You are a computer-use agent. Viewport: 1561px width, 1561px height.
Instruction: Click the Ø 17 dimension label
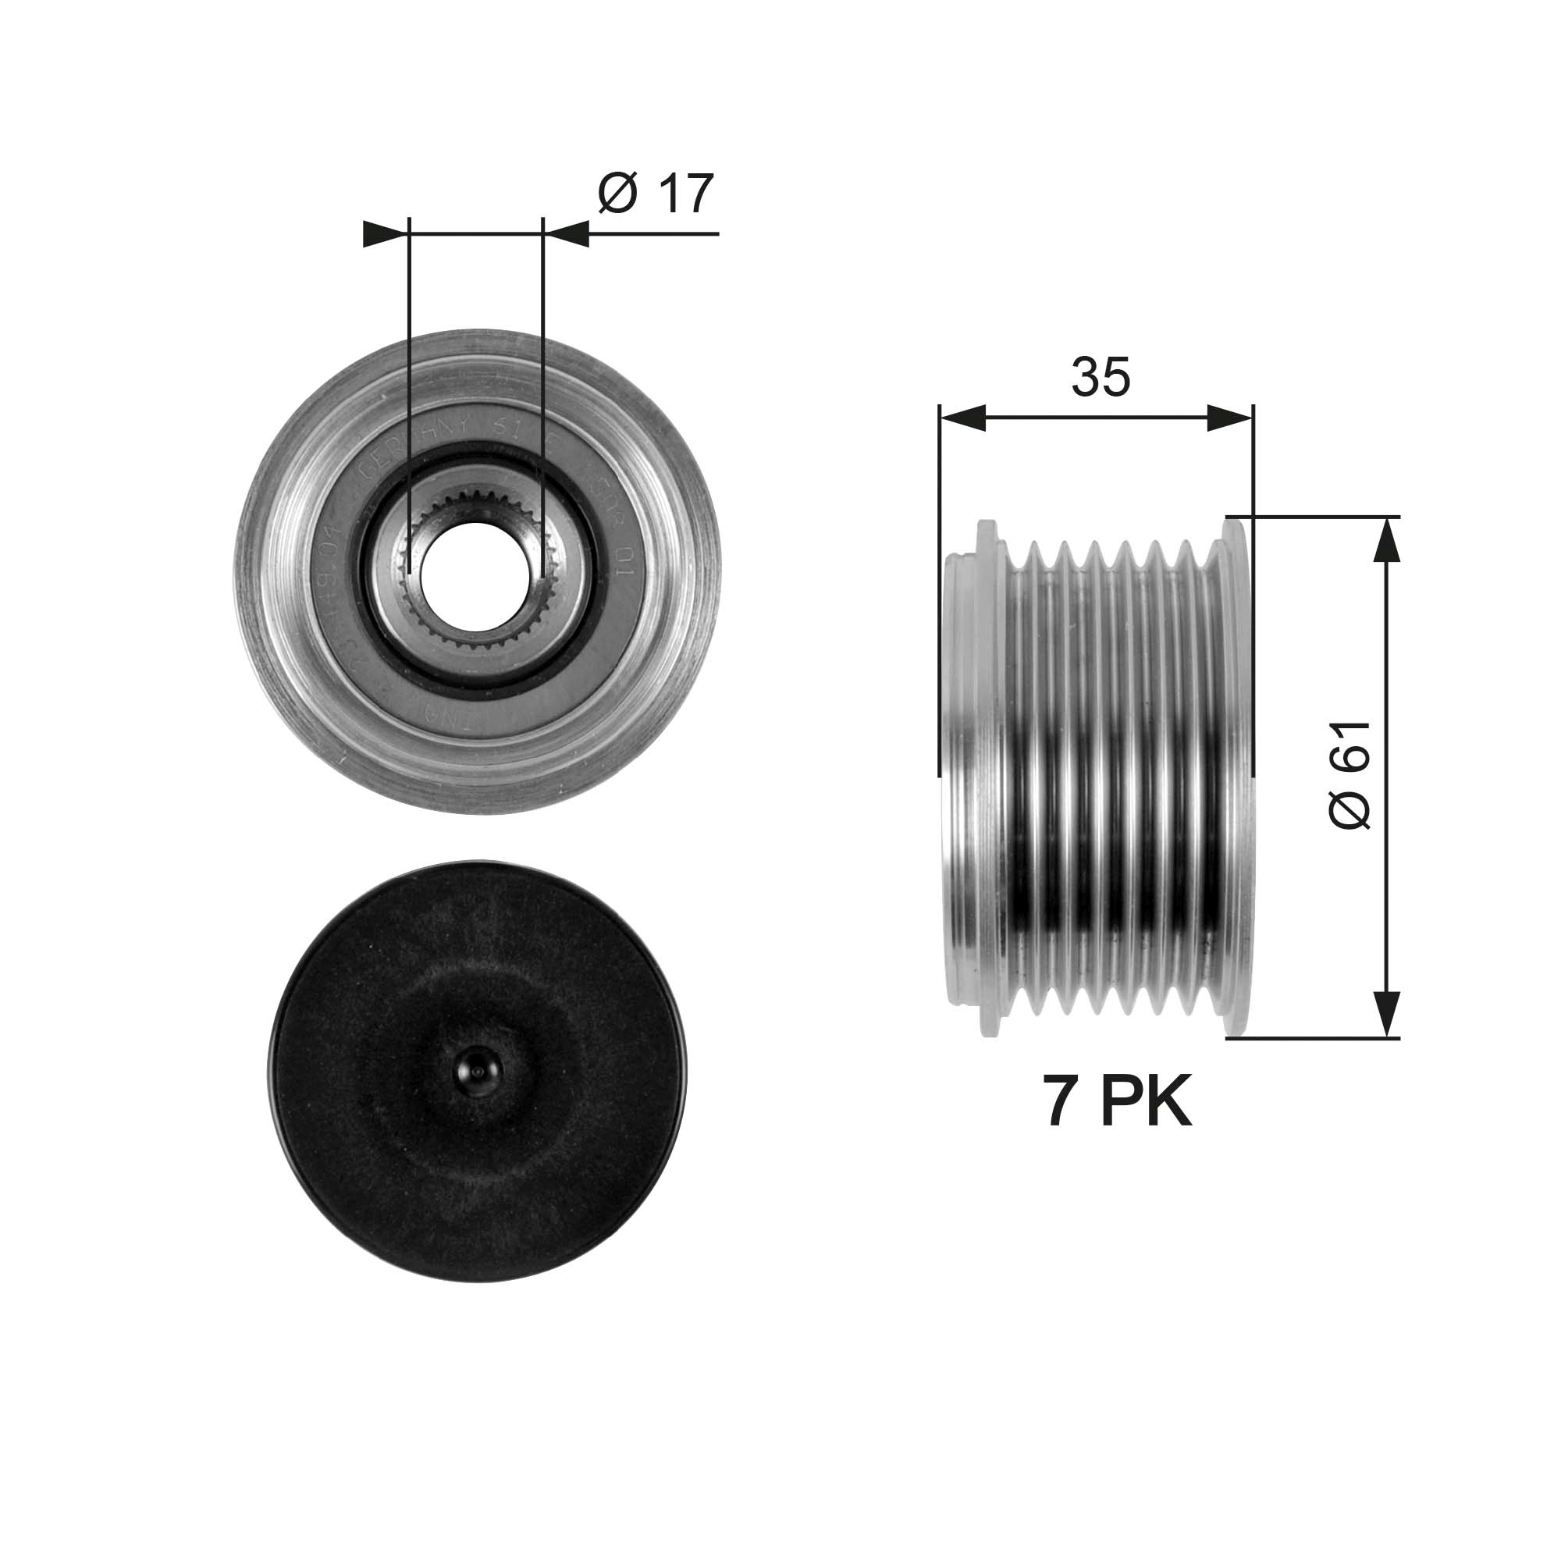coord(656,194)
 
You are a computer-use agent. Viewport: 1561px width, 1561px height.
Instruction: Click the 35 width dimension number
coord(1100,377)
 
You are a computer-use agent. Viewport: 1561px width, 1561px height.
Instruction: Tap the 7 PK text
coord(1118,1102)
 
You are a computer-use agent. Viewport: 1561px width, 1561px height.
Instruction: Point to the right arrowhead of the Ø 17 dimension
coord(567,233)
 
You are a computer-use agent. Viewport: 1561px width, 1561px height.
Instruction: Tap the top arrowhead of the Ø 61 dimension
coord(1386,537)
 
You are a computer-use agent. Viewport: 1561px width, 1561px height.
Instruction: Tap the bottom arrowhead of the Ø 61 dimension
coord(1386,1015)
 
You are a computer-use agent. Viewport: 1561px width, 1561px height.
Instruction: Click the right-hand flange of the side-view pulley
coord(1237,776)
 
